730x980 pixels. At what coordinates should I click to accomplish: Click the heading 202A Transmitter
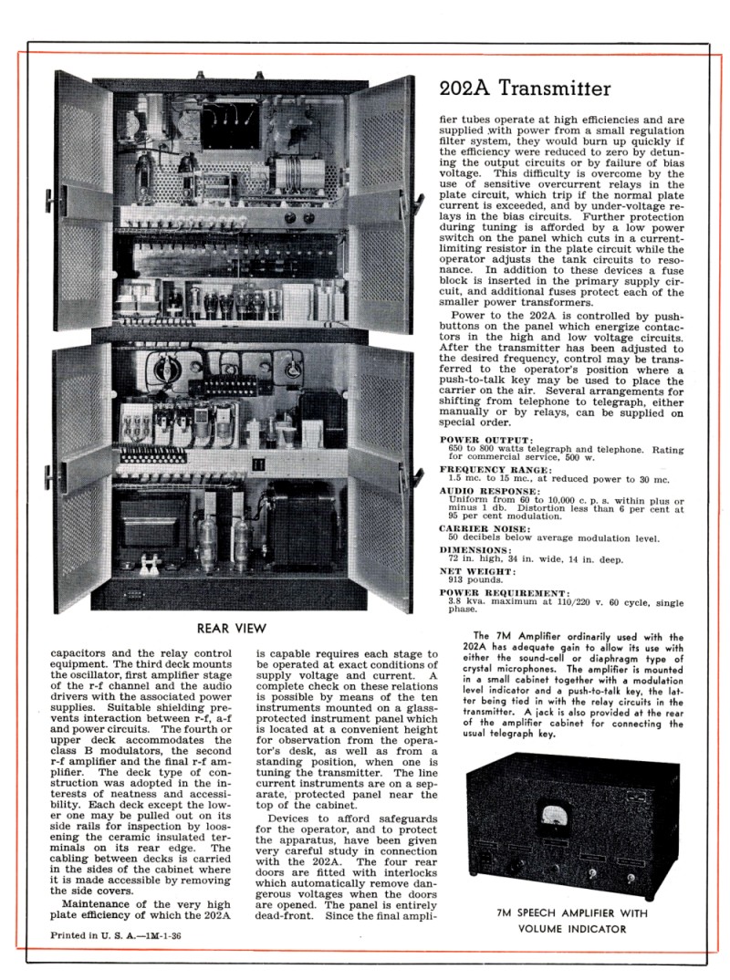pyautogui.click(x=525, y=89)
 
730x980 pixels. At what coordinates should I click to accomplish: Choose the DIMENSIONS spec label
pyautogui.click(x=475, y=550)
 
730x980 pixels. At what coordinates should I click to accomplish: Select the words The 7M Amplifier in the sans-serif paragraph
pyautogui.click(x=517, y=636)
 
